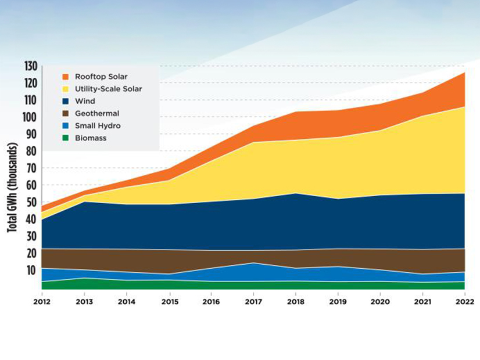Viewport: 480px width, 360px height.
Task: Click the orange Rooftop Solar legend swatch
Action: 66,76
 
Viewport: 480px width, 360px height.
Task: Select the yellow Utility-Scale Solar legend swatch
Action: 66,89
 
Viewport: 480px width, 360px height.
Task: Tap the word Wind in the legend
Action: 85,101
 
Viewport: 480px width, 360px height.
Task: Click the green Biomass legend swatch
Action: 66,138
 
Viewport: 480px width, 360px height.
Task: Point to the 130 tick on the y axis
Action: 30,66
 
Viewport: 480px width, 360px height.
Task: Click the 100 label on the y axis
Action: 30,117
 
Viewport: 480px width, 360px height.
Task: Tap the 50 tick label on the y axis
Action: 31,203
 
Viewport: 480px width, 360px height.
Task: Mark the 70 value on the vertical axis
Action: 31,168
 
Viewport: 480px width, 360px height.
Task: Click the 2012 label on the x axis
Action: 42,302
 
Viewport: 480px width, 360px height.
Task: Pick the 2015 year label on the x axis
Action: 169,302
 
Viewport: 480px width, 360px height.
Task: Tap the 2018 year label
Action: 296,302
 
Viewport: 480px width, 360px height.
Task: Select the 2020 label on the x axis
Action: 381,302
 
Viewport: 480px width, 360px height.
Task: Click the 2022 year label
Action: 465,302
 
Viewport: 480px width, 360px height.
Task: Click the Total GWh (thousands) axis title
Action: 12,188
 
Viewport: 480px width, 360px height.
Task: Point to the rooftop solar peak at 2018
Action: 296,112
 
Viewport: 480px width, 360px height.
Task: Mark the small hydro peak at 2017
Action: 253,263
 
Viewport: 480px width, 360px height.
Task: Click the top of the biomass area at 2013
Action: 84,278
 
